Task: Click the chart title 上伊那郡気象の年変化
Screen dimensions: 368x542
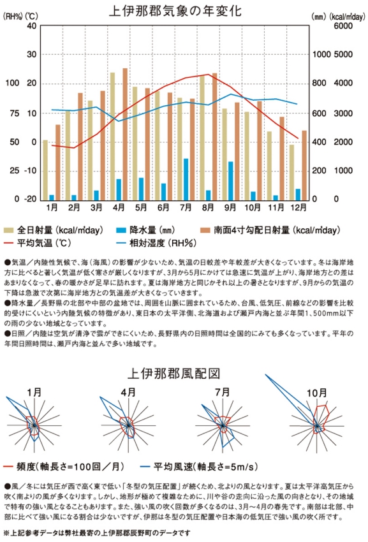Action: click(x=175, y=11)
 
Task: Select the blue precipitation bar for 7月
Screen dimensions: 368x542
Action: click(x=186, y=179)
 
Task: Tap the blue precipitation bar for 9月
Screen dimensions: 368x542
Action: click(x=230, y=181)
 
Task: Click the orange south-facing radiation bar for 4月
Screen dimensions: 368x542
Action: click(x=125, y=134)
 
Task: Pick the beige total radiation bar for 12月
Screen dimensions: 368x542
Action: click(x=292, y=172)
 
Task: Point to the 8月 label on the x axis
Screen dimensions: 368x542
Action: click(x=208, y=207)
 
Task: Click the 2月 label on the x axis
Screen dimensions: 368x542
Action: click(x=74, y=207)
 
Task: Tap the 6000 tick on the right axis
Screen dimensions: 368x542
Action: click(x=343, y=26)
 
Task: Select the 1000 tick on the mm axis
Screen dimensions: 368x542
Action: click(x=321, y=54)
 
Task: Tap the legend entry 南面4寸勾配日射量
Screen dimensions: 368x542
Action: click(x=270, y=230)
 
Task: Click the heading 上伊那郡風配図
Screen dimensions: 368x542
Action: click(x=173, y=373)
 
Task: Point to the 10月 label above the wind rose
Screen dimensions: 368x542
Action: click(x=316, y=393)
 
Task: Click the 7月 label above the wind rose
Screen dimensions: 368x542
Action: click(x=223, y=392)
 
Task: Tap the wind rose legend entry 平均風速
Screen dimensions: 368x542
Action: click(x=202, y=467)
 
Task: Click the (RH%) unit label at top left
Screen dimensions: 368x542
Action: click(x=13, y=16)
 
